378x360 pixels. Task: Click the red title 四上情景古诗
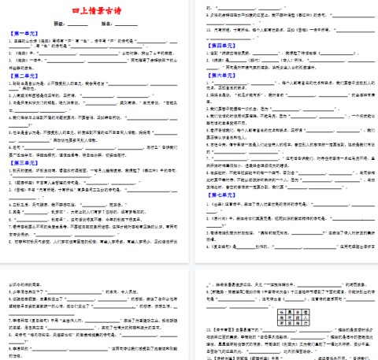pyautogui.click(x=94, y=11)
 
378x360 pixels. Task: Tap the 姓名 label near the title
pyautogui.click(x=106, y=24)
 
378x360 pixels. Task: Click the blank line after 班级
pyautogui.click(x=79, y=24)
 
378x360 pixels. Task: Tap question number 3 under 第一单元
pyautogui.click(x=10, y=58)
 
